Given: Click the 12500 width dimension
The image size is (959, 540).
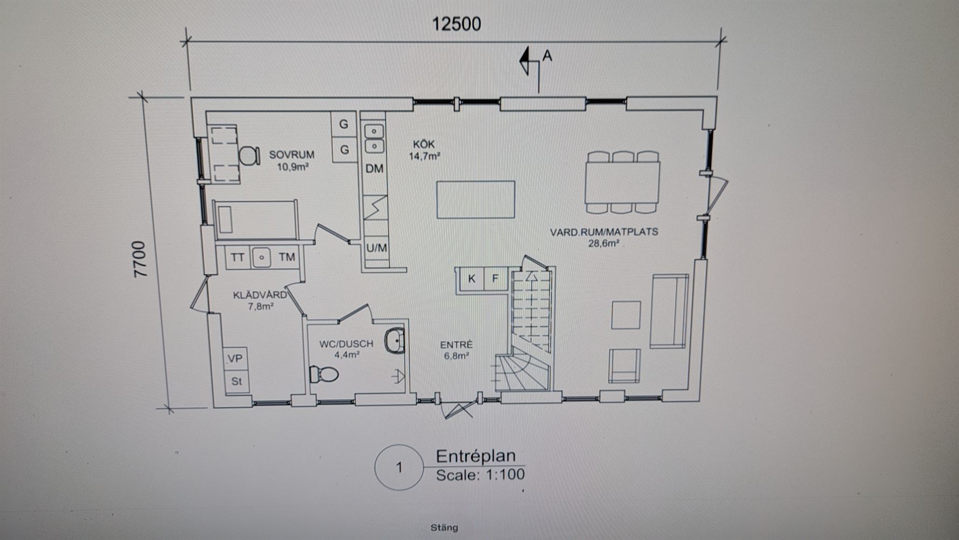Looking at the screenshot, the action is pyautogui.click(x=456, y=24).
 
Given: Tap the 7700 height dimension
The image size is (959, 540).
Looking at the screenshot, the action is pyautogui.click(x=140, y=259).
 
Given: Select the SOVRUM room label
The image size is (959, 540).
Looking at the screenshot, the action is pyautogui.click(x=292, y=155).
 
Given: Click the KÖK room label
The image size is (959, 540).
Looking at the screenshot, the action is pyautogui.click(x=424, y=144).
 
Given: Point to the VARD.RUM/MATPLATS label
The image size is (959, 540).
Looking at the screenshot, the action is pyautogui.click(x=604, y=232).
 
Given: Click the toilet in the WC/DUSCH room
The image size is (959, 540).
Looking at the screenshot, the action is pyautogui.click(x=324, y=374).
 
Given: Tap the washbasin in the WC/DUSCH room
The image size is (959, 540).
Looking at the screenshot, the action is pyautogui.click(x=395, y=341).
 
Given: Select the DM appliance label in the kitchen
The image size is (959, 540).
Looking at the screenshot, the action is pyautogui.click(x=375, y=168).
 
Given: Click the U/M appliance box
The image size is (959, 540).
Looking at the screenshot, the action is pyautogui.click(x=376, y=248).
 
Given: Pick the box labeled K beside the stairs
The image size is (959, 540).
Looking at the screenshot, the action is pyautogui.click(x=472, y=279).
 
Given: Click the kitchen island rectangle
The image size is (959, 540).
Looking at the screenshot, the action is pyautogui.click(x=475, y=199).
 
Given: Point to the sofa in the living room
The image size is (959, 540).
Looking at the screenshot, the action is pyautogui.click(x=670, y=311).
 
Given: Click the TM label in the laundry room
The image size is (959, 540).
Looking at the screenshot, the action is pyautogui.click(x=287, y=257).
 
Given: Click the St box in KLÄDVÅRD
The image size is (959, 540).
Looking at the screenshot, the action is pyautogui.click(x=235, y=382).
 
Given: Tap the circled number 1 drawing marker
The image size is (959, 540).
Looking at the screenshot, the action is pyautogui.click(x=399, y=468).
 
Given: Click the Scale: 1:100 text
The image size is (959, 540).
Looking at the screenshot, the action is pyautogui.click(x=480, y=475).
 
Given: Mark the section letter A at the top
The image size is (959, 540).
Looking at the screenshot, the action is pyautogui.click(x=547, y=55).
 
